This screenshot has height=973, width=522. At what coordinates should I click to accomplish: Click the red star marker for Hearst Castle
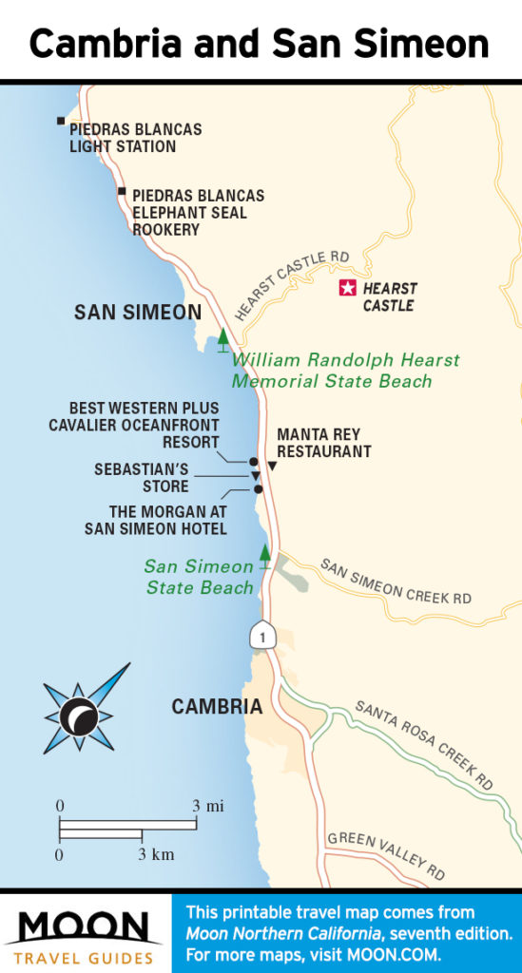click(x=348, y=289)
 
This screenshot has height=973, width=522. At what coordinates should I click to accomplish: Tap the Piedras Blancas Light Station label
click(x=135, y=138)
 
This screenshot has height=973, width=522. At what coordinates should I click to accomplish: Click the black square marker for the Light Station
click(x=61, y=121)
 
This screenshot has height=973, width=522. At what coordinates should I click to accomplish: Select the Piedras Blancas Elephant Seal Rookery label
click(x=198, y=212)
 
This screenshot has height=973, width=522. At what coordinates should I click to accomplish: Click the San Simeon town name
click(x=138, y=313)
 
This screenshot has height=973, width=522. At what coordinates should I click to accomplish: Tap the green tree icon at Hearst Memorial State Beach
click(x=223, y=338)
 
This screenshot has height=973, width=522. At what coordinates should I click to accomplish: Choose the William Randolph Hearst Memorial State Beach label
click(x=345, y=371)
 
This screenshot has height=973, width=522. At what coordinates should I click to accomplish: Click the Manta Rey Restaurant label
click(x=323, y=443)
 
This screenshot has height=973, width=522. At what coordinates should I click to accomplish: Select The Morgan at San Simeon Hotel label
click(x=155, y=520)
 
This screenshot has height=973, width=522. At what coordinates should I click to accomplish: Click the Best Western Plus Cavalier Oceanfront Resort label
click(x=134, y=425)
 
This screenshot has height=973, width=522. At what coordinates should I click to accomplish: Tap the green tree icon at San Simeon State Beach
click(x=265, y=555)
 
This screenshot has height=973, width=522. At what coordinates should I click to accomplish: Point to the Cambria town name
click(x=217, y=707)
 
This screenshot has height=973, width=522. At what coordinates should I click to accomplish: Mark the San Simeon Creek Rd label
click(x=396, y=582)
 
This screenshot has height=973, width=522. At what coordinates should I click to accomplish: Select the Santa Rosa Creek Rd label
click(x=424, y=745)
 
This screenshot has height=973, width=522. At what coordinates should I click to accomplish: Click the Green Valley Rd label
click(x=386, y=849)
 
